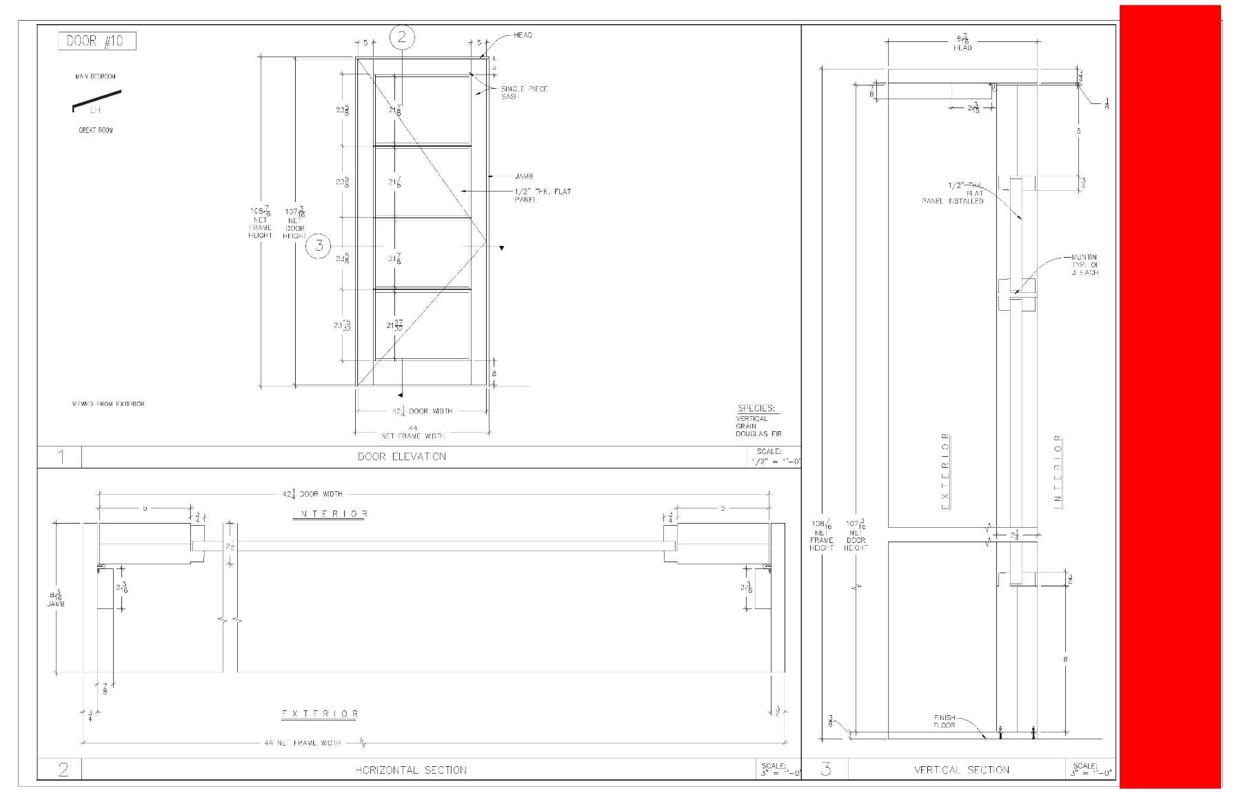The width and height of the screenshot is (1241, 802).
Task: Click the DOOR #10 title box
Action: tap(97, 41)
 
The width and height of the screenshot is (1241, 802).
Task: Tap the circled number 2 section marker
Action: tap(402, 37)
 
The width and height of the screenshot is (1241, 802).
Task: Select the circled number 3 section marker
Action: tap(319, 245)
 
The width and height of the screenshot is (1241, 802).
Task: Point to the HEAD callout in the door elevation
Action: tap(523, 35)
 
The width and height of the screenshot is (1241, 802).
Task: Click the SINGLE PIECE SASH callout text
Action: tap(524, 92)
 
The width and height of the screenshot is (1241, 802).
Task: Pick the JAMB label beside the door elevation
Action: tap(524, 176)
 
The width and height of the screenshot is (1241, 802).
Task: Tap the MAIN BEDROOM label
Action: tap(95, 76)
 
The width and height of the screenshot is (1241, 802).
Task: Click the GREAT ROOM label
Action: tap(96, 130)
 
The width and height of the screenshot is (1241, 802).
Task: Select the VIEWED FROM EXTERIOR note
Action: tap(108, 404)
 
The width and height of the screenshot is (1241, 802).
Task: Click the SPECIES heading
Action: tap(756, 408)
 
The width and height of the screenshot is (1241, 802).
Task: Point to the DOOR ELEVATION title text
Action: tap(402, 456)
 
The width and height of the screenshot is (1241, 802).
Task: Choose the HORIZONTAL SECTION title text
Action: tap(411, 770)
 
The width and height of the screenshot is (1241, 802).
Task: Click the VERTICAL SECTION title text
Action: tap(962, 770)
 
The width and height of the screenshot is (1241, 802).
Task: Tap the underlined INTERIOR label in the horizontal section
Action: tap(330, 514)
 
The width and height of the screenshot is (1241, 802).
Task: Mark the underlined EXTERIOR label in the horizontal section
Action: tap(320, 714)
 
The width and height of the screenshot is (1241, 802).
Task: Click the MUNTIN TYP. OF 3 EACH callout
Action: tap(1084, 265)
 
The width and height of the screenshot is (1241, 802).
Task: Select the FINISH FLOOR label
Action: tap(945, 721)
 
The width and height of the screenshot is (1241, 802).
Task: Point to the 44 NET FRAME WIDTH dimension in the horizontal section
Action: tap(303, 743)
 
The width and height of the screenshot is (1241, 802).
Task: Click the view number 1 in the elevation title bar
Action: tap(61, 456)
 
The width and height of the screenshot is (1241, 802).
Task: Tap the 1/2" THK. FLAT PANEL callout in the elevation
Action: tap(543, 195)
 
